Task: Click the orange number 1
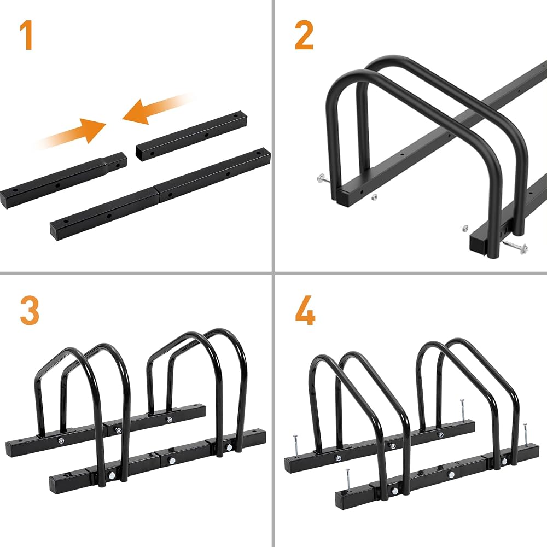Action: [26, 35]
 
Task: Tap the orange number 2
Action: [304, 35]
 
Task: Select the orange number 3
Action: [30, 311]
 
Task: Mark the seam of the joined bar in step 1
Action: [156, 194]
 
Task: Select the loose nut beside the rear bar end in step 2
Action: [374, 197]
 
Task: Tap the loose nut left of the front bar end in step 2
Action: [465, 228]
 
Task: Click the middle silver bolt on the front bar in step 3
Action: [172, 461]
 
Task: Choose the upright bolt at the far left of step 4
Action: [296, 446]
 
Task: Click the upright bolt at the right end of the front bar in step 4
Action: [525, 435]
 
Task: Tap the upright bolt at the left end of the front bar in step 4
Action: [348, 481]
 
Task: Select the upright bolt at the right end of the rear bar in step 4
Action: [462, 410]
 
